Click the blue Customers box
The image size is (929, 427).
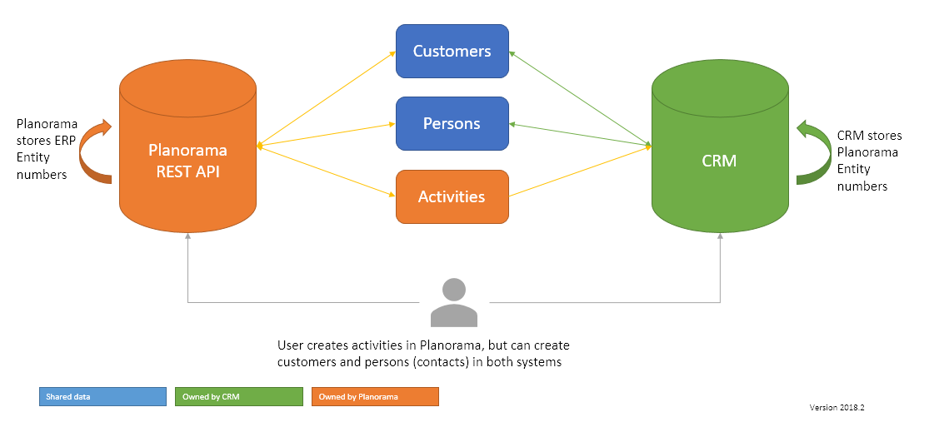pos(452,51)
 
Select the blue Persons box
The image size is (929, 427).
pos(452,123)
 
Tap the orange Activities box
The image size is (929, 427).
pos(452,197)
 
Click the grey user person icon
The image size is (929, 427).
pos(453,303)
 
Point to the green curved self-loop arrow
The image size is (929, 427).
pos(807,153)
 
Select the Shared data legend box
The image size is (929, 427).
pos(102,397)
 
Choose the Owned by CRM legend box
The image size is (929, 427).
pos(239,397)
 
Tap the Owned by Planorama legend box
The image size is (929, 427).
pos(375,397)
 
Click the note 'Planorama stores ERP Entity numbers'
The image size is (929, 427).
pos(47,149)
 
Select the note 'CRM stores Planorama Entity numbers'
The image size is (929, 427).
pos(869,161)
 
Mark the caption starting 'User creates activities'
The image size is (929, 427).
pos(423,354)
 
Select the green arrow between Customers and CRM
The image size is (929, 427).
pos(580,98)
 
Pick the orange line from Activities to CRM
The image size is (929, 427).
pos(580,171)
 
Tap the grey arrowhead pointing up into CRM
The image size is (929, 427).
pos(720,238)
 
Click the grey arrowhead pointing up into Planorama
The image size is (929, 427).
pos(188,238)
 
